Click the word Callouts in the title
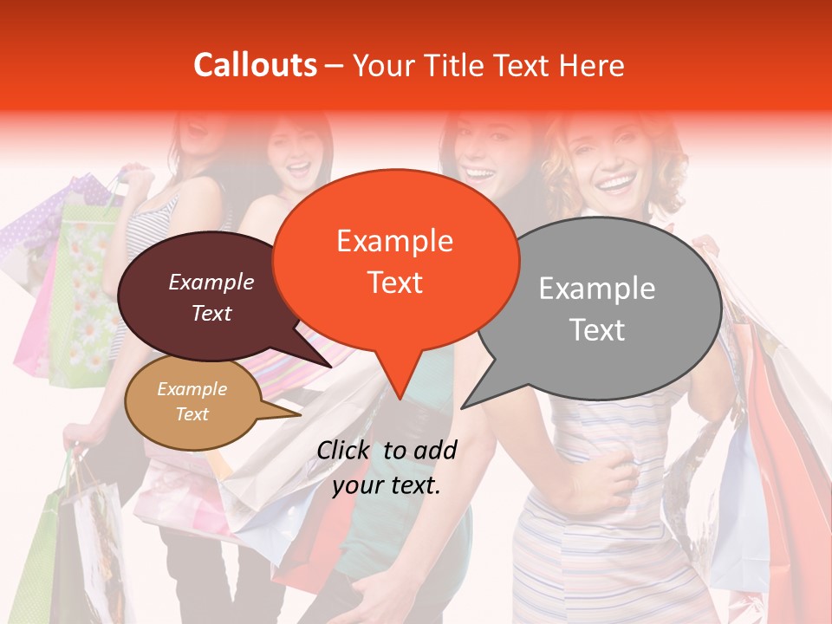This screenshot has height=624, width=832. pyautogui.click(x=255, y=65)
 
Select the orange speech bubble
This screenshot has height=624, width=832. pyautogui.click(x=395, y=260)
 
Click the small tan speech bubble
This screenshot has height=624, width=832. pyautogui.click(x=192, y=402)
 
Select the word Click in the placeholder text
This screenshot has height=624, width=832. pyautogui.click(x=345, y=449)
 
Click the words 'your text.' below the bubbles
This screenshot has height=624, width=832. pyautogui.click(x=387, y=485)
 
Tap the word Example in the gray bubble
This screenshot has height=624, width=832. pyautogui.click(x=597, y=289)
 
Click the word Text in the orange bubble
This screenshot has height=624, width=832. pyautogui.click(x=395, y=283)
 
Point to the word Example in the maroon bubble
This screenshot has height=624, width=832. pyautogui.click(x=211, y=283)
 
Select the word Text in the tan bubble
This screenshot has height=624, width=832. pyautogui.click(x=192, y=414)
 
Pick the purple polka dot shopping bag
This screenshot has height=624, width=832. pyautogui.click(x=35, y=234)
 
